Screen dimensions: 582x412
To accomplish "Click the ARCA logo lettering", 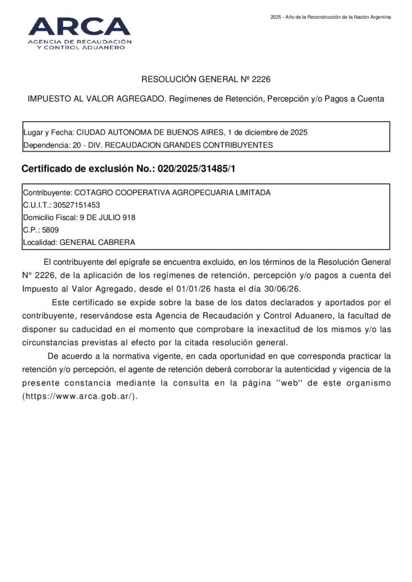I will tap(79, 26).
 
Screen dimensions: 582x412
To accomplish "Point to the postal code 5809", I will tap(50, 230).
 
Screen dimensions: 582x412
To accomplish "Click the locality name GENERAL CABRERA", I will tap(97, 242).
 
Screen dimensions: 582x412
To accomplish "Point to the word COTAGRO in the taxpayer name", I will tap(94, 192).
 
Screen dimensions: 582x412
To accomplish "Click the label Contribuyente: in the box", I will tap(48, 192).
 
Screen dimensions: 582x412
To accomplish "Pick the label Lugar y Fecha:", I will tap(49, 132).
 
